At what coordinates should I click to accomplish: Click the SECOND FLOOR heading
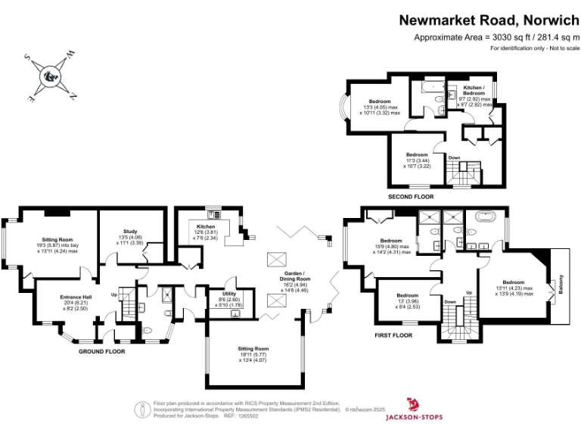[x=412, y=197]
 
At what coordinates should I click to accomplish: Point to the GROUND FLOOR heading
[x=101, y=351]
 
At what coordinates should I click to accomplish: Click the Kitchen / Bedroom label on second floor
[x=477, y=92]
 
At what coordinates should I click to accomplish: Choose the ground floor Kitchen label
[x=207, y=226]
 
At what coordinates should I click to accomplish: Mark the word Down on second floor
[x=454, y=157]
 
